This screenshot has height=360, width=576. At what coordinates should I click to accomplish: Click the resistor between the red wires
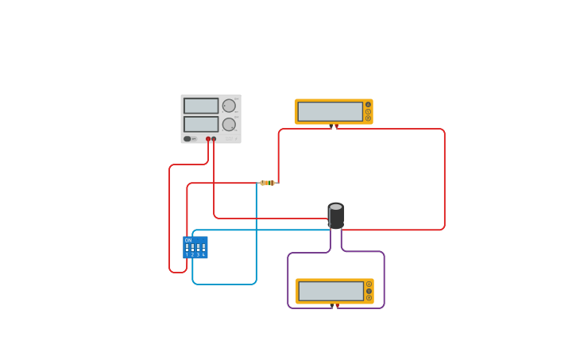268,183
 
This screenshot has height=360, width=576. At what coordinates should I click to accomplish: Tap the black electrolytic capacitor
336,217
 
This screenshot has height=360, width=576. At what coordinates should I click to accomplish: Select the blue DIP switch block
195,247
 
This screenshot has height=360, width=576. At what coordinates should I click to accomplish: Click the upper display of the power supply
201,106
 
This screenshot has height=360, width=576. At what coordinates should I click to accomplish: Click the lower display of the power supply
201,124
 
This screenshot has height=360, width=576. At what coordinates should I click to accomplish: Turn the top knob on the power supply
229,106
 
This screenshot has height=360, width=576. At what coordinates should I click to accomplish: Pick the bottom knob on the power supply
229,124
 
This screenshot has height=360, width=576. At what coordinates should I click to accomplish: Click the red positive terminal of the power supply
208,139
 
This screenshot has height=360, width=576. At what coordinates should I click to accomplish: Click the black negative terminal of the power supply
214,139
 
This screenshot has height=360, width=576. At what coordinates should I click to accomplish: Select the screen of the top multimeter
330,111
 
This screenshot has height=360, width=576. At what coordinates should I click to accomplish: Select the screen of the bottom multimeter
331,291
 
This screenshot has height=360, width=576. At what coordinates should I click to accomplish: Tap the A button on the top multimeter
368,104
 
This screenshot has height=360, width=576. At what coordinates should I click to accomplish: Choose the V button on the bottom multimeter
369,291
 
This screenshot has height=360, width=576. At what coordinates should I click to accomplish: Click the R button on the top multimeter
368,118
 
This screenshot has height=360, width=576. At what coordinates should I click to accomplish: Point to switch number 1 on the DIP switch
187,248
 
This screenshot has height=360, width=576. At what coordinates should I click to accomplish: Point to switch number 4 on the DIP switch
203,248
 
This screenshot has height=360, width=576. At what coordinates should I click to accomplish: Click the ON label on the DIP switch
188,240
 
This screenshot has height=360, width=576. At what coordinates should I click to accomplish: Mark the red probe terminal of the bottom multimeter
337,304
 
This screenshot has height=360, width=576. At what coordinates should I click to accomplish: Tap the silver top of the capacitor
336,207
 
